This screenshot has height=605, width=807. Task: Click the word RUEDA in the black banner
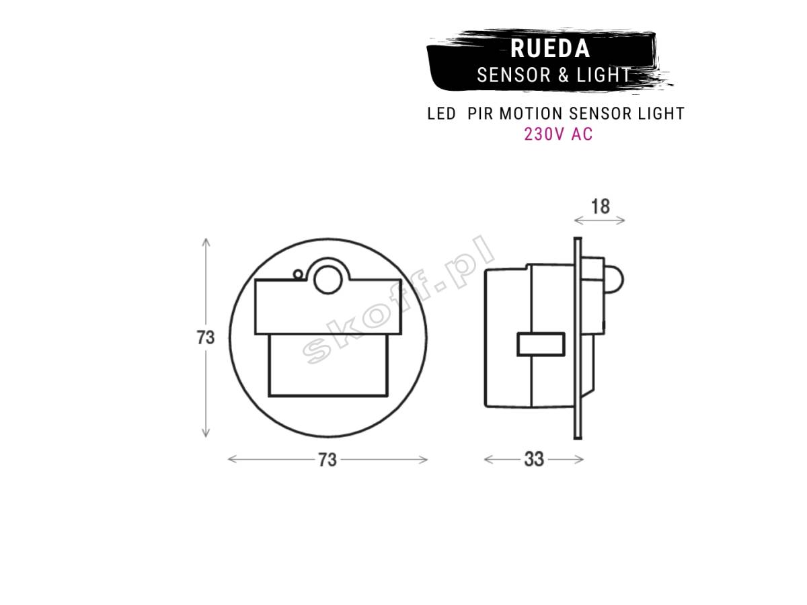pos(550,48)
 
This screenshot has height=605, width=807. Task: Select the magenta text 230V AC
pos(558,134)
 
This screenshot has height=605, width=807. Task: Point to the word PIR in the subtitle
pos(479,114)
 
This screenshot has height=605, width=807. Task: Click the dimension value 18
pos(601,206)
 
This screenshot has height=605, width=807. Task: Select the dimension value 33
pos(533,459)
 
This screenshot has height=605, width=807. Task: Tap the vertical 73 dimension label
pos(205,337)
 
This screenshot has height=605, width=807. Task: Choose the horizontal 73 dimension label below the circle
pos(328,460)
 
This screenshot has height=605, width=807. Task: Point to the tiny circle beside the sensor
pos(298,274)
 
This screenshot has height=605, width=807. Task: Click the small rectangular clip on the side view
pos(541,344)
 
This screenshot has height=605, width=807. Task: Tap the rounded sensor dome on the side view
pos(614,280)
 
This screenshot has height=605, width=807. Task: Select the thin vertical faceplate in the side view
pos(578,338)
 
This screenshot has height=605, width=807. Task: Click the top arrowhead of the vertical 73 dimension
pos(206,239)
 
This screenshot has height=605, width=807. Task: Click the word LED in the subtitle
pos(442,114)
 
